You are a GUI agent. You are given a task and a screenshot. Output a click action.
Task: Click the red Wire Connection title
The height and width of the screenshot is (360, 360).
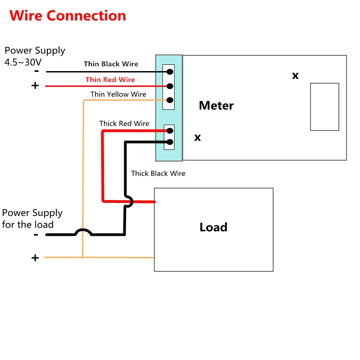[68, 16]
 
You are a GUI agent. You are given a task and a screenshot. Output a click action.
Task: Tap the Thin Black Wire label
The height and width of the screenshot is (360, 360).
[111, 64]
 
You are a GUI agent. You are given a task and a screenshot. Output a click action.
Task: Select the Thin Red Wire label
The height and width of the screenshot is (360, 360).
[110, 80]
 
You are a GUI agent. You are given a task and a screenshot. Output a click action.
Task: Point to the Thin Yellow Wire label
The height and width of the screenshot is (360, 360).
[118, 94]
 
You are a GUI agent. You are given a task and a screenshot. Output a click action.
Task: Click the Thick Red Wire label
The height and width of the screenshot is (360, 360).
[124, 123]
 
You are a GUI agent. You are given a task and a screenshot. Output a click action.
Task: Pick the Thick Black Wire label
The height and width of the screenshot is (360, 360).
[158, 173]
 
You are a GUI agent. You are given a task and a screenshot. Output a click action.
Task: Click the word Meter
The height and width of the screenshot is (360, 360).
[216, 106]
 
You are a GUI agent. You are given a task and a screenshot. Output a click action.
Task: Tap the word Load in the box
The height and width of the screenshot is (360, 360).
[213, 227]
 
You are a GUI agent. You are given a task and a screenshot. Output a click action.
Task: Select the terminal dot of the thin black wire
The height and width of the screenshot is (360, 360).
[170, 72]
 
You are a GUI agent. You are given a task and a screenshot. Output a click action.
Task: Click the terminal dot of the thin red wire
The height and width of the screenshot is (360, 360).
[170, 86]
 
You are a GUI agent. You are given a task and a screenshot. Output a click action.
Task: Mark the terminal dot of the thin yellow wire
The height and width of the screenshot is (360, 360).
[170, 100]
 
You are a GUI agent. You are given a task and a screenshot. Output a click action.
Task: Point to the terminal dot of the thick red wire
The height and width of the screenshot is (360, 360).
[170, 131]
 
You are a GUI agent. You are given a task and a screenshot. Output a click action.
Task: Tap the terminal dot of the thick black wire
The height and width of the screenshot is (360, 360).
[170, 142]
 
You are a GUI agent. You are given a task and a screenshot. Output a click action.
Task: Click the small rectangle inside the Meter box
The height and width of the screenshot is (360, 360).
[324, 107]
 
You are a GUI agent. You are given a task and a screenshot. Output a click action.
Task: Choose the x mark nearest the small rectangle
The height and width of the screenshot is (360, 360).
[295, 76]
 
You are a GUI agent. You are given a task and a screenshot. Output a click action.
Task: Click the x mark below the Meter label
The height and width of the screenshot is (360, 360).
[198, 138]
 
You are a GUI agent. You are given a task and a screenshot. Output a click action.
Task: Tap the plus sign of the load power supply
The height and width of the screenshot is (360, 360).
[35, 258]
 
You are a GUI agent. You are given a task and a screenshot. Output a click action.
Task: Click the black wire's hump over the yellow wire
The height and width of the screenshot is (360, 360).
[83, 231]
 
